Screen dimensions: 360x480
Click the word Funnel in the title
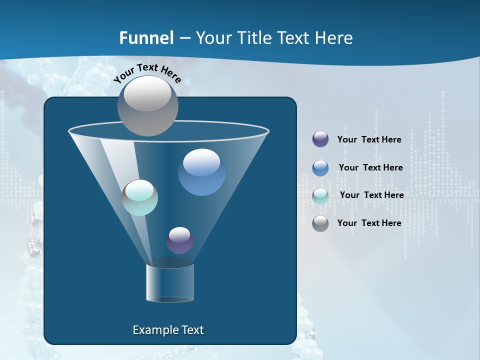click(146, 38)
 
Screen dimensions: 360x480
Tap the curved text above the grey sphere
click(147, 73)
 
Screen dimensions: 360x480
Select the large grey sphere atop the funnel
click(147, 105)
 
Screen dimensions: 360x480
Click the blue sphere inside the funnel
click(201, 172)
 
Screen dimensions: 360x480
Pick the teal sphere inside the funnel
click(140, 197)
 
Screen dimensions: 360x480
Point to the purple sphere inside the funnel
click(179, 240)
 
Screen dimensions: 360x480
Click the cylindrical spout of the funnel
click(170, 282)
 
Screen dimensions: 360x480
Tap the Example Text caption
click(168, 330)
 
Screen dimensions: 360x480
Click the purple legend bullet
click(320, 139)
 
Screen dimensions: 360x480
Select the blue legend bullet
click(320, 167)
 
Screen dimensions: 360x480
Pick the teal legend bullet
click(320, 195)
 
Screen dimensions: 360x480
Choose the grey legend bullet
click(320, 223)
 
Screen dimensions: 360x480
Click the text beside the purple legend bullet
click(369, 139)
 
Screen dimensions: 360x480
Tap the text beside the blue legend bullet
click(370, 167)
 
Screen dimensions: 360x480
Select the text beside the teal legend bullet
click(371, 195)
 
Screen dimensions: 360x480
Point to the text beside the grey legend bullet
click(369, 223)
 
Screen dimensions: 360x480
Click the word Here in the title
click(334, 38)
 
